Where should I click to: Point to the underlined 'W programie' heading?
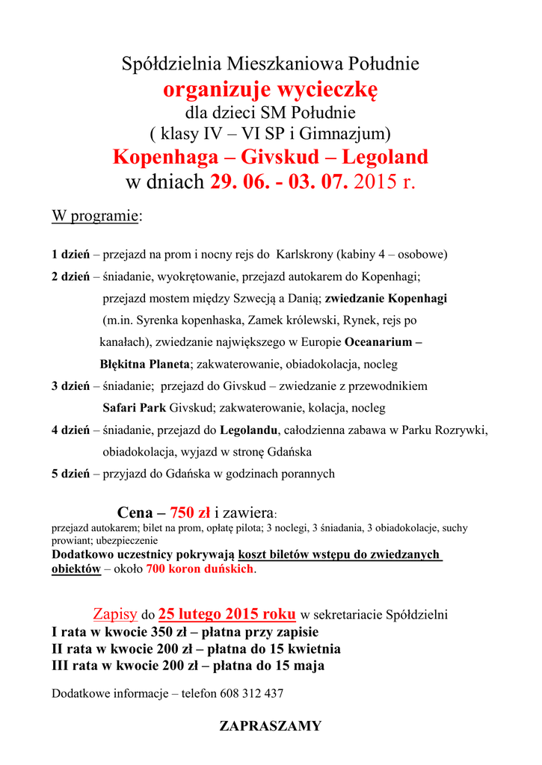(x=95, y=217)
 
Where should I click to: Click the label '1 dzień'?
(x=70, y=255)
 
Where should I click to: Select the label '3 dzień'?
(x=70, y=387)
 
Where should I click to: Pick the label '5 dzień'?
(x=70, y=474)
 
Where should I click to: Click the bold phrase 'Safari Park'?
(x=134, y=409)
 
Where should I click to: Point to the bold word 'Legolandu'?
(x=249, y=430)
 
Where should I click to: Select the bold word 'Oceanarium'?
(x=379, y=343)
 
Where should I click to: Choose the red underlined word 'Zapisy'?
(x=115, y=615)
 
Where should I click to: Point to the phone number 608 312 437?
(x=252, y=693)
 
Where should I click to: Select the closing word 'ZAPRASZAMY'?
(x=271, y=726)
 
